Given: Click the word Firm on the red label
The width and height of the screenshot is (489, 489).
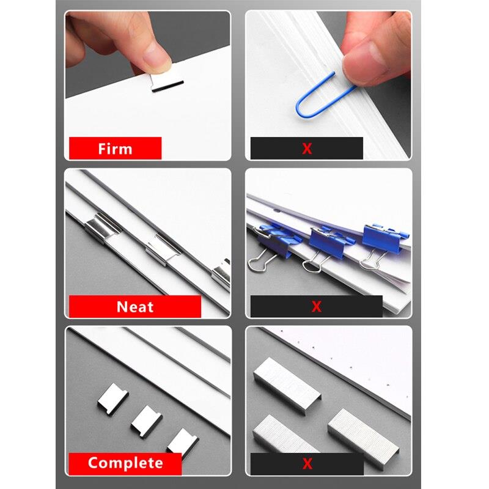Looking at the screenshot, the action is [115, 149].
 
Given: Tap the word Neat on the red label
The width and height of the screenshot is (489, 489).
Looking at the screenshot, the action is [135, 307].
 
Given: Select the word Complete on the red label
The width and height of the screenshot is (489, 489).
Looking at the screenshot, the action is [125, 463].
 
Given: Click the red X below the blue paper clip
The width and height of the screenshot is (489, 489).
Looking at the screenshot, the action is [307, 149].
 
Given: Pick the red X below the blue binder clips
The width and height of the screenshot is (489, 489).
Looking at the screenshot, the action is [317, 307].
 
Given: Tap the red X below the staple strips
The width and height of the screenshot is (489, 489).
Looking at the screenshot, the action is [307, 464].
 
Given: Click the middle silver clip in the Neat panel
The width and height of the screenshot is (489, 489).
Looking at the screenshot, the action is [163, 249].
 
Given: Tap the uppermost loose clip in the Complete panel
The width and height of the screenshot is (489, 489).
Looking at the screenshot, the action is [112, 399].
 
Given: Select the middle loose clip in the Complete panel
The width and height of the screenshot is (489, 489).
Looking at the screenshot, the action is [146, 422].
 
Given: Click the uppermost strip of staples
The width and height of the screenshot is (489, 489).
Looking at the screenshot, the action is [287, 386].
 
